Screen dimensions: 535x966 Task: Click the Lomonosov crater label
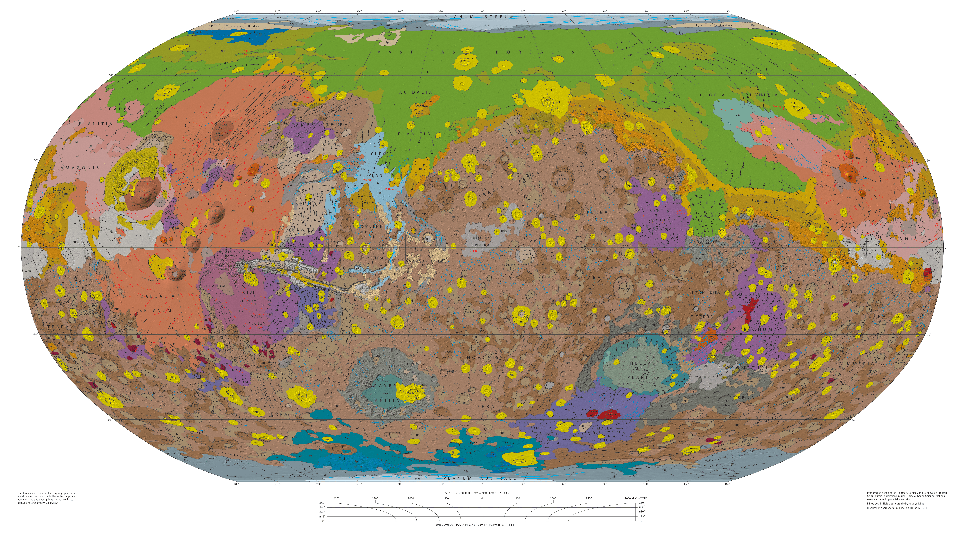click(x=466, y=59)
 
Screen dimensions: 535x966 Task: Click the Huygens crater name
click(x=624, y=288)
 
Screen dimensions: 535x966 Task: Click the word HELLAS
click(x=642, y=364)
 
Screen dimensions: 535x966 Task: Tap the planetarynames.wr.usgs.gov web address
click(x=37, y=503)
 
